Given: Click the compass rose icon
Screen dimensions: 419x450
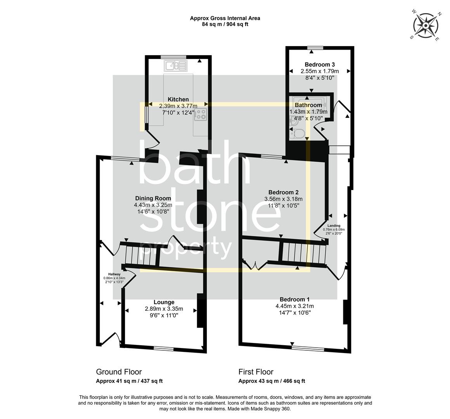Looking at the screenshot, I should tap(426, 26).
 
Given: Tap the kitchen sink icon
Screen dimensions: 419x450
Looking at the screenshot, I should tap(176, 66).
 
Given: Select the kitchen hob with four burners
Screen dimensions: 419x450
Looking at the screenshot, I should tap(201, 114).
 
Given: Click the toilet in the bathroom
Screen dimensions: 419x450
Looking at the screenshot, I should tap(298, 134).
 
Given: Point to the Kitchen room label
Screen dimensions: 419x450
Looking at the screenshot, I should tap(178, 100).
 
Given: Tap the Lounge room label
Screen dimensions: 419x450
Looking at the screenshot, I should tap(164, 302).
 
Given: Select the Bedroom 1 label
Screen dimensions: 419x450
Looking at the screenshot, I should tap(294, 299).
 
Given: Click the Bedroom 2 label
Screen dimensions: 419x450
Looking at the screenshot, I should tap(283, 192).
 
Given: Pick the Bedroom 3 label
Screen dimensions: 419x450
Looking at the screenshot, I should tap(320, 64).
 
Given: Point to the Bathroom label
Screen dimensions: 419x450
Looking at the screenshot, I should tap(308, 105).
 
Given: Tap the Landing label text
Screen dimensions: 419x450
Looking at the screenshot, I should tap(334, 225).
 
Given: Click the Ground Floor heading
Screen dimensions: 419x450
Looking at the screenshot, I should tap(119, 372).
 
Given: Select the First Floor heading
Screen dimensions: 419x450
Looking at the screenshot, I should tap(256, 372).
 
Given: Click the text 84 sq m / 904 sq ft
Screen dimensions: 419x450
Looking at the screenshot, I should tap(225, 24).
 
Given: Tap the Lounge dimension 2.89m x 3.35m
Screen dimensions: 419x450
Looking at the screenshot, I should tap(164, 309).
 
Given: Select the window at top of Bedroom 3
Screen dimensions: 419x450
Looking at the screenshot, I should tap(315, 48).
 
